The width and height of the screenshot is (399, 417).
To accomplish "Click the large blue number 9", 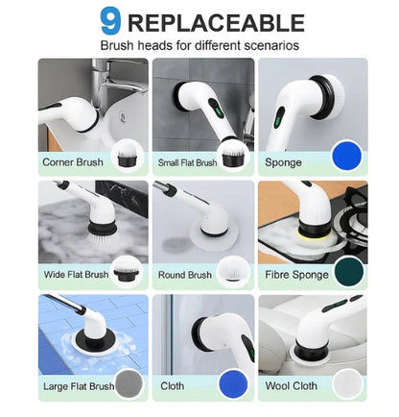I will tap(111, 20).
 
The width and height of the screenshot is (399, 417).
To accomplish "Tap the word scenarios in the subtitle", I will tap(272, 45).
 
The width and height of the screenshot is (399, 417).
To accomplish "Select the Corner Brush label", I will tap(72, 162).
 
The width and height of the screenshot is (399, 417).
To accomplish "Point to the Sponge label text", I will tap(284, 162).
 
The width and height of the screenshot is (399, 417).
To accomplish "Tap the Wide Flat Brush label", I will tap(76, 274).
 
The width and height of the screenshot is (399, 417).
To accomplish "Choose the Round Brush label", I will tap(185, 274).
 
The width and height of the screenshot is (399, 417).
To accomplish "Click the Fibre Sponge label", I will tap(297, 274).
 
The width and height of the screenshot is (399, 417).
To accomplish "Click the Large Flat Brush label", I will tap(77, 386).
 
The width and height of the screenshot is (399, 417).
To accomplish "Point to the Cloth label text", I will tap(172, 386).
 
